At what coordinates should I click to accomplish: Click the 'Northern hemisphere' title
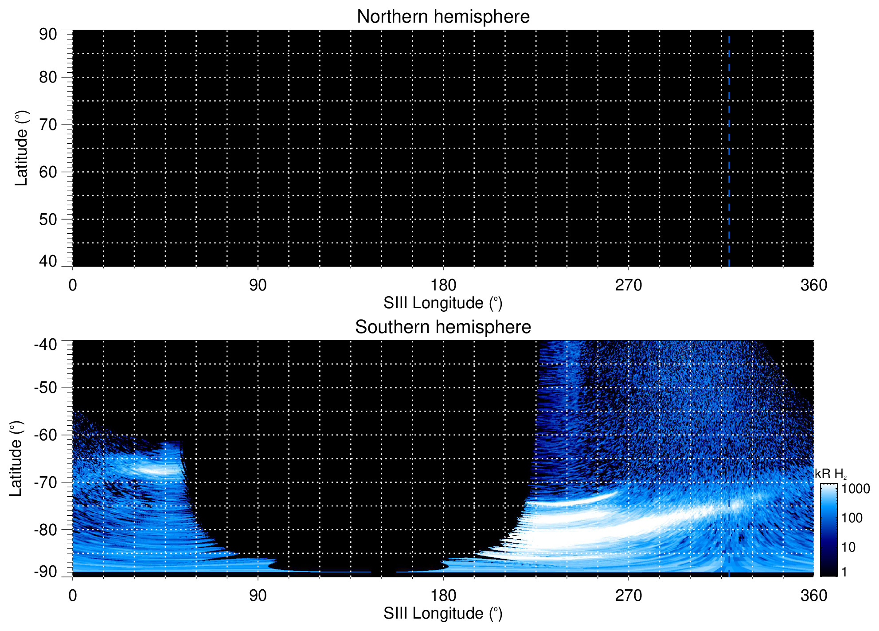click(x=443, y=17)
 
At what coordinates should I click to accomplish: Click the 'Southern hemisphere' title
click(x=443, y=327)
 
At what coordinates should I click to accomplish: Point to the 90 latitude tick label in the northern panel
click(x=48, y=35)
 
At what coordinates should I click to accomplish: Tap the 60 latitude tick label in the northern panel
click(x=48, y=172)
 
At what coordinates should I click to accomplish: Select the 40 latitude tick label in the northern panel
click(x=48, y=261)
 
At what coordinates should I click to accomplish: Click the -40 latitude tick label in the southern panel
click(x=45, y=345)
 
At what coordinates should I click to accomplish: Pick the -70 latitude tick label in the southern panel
click(x=45, y=482)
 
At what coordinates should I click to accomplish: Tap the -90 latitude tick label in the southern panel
click(x=45, y=572)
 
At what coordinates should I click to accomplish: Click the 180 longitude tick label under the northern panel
click(x=443, y=285)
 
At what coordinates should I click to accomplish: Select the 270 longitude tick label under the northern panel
click(x=628, y=285)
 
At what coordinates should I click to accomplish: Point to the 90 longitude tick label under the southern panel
click(x=258, y=596)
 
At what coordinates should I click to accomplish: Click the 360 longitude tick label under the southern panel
click(x=813, y=596)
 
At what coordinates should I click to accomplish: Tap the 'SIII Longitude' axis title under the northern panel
click(x=443, y=303)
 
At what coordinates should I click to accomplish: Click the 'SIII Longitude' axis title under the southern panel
click(x=443, y=614)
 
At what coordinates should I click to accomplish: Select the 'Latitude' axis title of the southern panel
click(x=16, y=459)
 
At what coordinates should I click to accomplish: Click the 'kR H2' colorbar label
click(x=830, y=474)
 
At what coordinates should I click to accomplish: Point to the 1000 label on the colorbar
click(x=856, y=489)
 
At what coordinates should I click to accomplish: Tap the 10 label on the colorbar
click(x=848, y=547)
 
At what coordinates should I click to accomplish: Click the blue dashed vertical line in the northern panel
click(x=729, y=151)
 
